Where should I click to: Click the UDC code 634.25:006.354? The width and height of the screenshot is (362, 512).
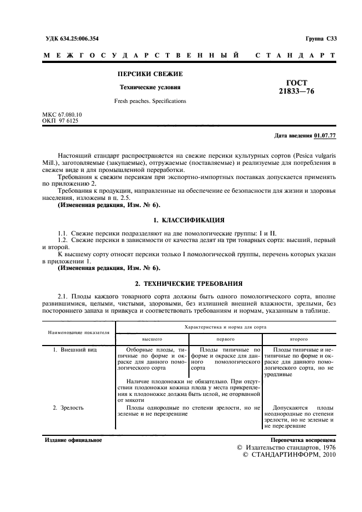pyautogui.click(x=77, y=39)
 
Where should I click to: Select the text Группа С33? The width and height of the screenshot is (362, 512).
pyautogui.click(x=320, y=39)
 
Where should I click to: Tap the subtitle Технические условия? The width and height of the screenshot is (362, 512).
pyautogui.click(x=150, y=87)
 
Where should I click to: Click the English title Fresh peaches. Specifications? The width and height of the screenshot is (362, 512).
pyautogui.click(x=150, y=101)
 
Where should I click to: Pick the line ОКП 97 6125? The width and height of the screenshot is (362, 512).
pyautogui.click(x=60, y=120)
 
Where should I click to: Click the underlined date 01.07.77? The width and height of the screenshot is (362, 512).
pyautogui.click(x=325, y=136)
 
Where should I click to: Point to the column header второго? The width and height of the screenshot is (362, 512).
pyautogui.click(x=298, y=338)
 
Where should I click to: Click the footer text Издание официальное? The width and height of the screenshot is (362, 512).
pyautogui.click(x=73, y=440)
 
